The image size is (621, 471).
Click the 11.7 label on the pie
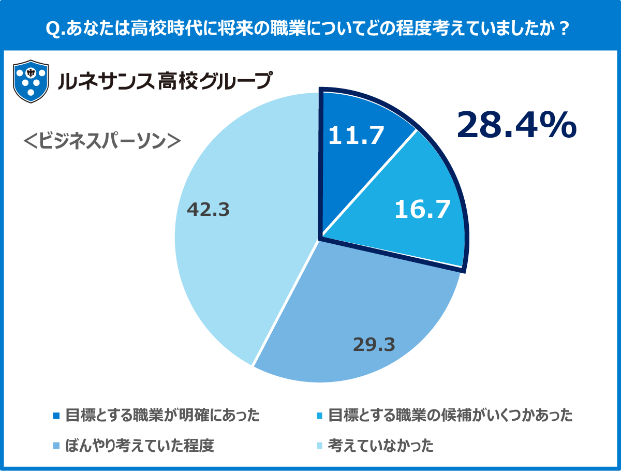tap(357, 136)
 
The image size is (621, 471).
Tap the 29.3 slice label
tap(374, 344)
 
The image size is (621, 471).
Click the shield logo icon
tap(31, 81)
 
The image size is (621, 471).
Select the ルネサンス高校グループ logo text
tap(165, 81)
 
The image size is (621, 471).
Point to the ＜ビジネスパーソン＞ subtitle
tap(102, 141)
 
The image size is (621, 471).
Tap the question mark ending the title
tap(564, 29)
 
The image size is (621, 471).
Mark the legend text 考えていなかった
tap(381, 446)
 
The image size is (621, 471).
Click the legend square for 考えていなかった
tap(319, 446)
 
